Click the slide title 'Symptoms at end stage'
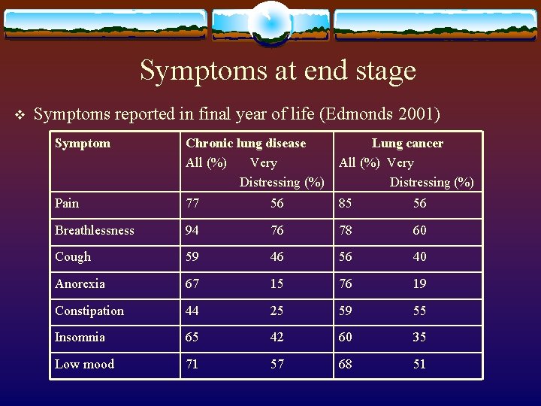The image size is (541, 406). [x=277, y=71]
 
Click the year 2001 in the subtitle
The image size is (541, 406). [x=416, y=114]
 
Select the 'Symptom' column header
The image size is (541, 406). [x=83, y=144]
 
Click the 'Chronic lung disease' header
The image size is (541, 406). [x=246, y=144]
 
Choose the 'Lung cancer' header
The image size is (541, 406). [x=407, y=144]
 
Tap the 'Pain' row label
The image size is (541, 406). [x=67, y=203]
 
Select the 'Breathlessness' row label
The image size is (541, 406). [x=95, y=230]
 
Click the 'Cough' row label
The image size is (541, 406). [x=73, y=257]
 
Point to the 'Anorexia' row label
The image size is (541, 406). [x=80, y=284]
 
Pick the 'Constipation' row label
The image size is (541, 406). [x=89, y=311]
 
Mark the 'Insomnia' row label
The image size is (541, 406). [x=80, y=338]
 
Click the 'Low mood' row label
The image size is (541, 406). [x=84, y=365]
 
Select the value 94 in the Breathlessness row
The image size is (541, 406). [x=192, y=230]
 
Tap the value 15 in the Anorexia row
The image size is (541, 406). [x=277, y=284]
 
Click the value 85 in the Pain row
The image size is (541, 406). [x=346, y=203]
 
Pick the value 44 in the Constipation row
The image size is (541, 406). [x=192, y=311]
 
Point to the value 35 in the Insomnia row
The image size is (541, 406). [x=419, y=338]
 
